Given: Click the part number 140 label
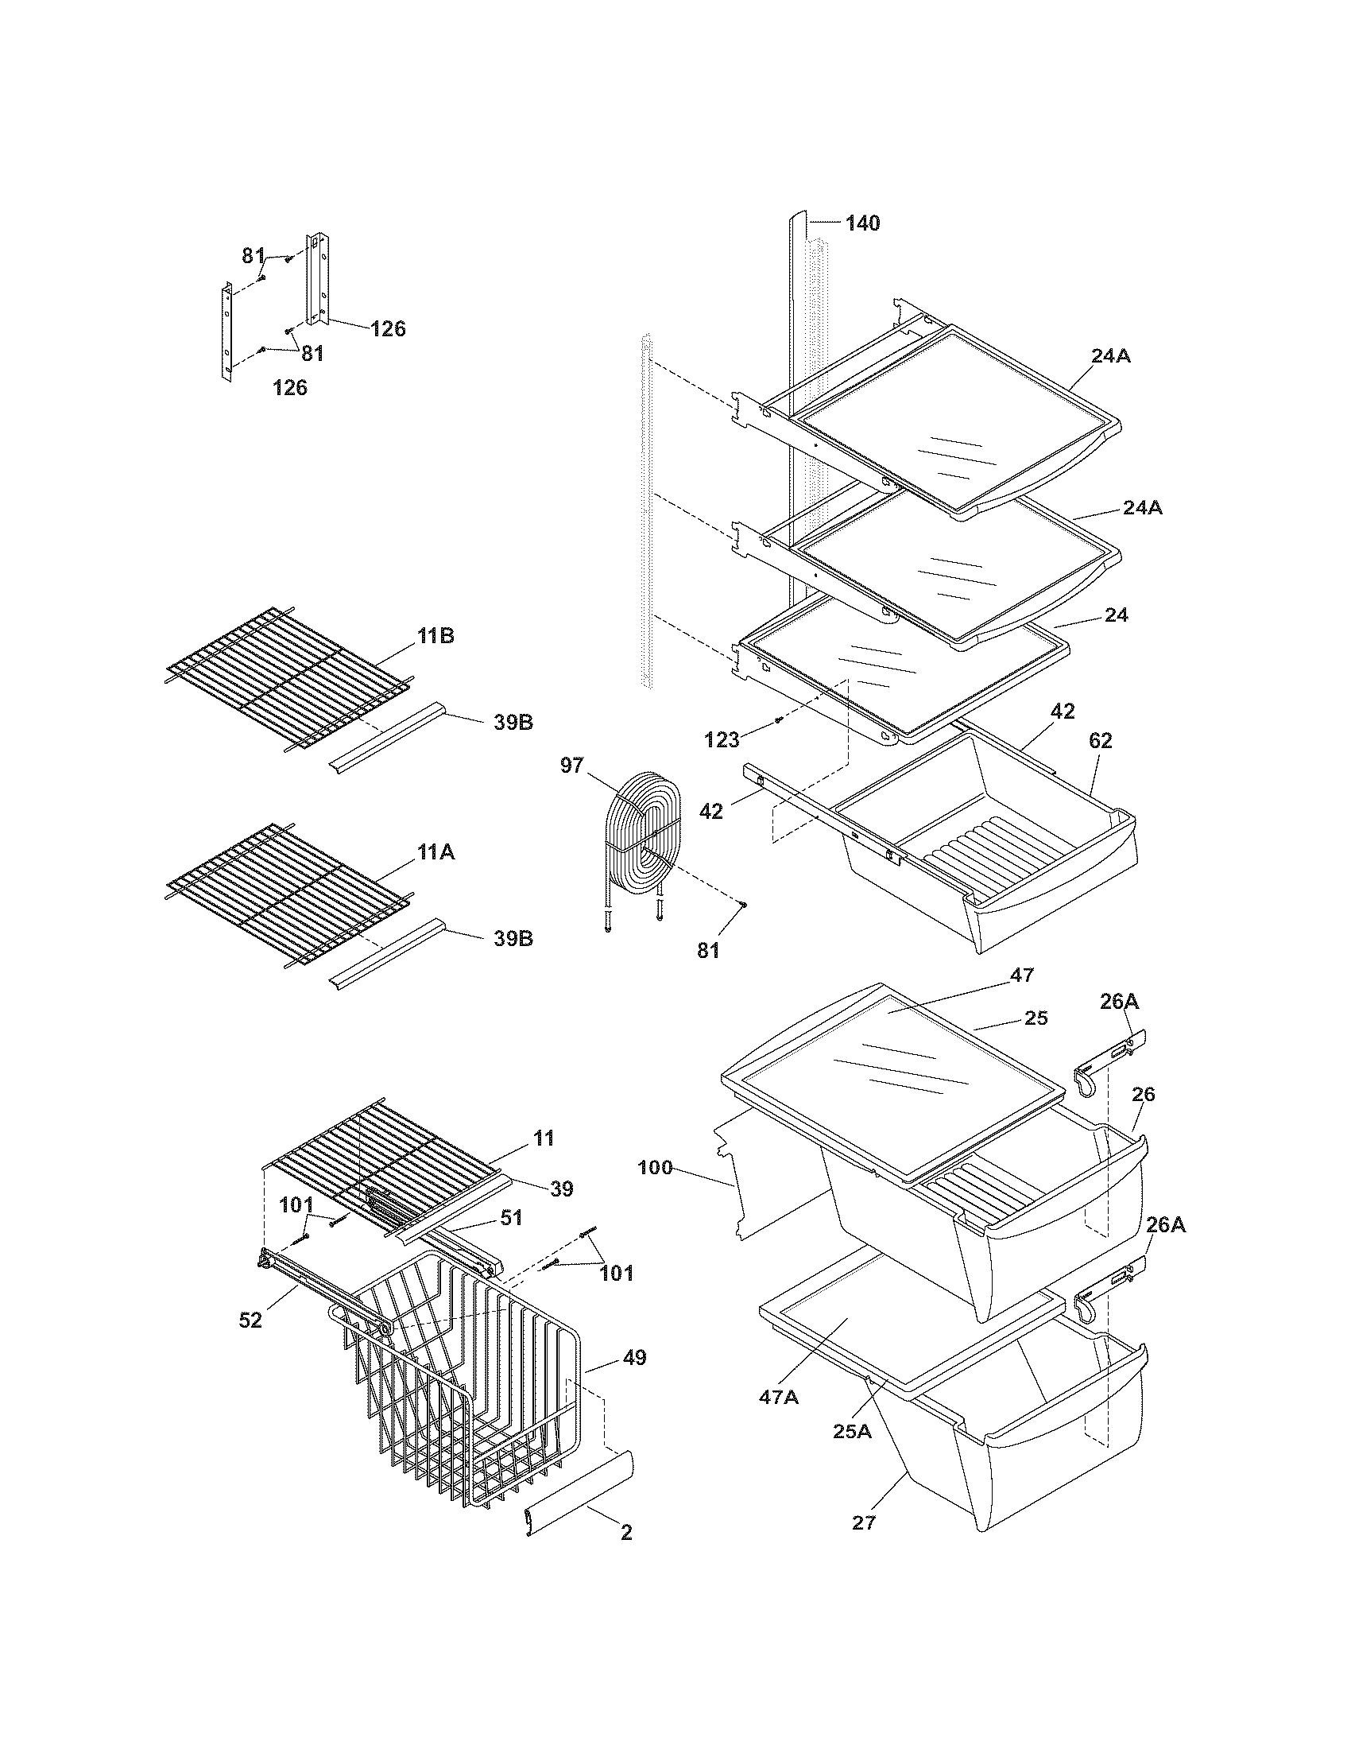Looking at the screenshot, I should (862, 223).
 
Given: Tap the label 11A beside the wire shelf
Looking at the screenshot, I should (435, 853).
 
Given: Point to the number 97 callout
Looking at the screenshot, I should (572, 766).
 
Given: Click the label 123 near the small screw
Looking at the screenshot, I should (721, 740).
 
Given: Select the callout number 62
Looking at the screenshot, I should (1100, 741).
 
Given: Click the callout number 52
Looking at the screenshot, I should (250, 1320).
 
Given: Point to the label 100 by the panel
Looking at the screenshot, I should (655, 1168).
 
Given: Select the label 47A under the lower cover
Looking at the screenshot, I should (779, 1397).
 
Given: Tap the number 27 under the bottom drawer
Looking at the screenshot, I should (864, 1522).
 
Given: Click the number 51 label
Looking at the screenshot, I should (511, 1218).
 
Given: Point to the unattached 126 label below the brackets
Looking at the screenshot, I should (290, 388).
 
